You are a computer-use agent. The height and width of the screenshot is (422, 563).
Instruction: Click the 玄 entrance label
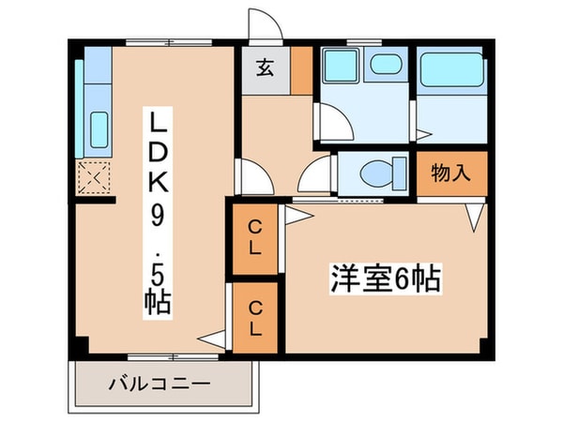[265, 68]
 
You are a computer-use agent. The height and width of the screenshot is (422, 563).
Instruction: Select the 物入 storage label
[451, 173]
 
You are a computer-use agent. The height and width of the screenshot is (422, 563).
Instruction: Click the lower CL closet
[255, 316]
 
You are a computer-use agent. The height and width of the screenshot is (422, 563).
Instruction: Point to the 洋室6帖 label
[386, 279]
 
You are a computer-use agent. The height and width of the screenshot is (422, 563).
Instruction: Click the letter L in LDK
[157, 123]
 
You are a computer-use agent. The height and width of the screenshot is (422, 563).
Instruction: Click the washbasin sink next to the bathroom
[382, 67]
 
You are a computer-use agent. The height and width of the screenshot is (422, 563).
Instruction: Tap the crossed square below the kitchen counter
[95, 176]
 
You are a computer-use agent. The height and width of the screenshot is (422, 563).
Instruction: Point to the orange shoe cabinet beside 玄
[300, 68]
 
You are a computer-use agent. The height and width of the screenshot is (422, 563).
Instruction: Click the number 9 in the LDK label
[157, 217]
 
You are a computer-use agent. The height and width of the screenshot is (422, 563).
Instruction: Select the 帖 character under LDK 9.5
[157, 304]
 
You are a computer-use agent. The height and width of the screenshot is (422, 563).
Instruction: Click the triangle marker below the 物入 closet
[476, 219]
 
